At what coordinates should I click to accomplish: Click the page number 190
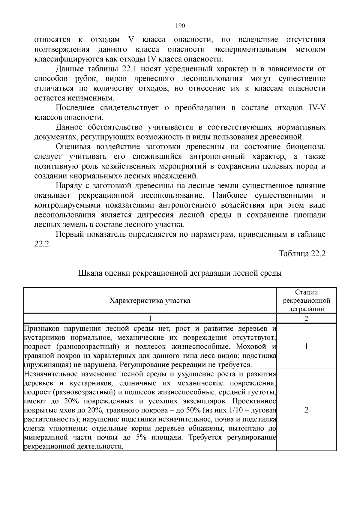(x=180, y=26)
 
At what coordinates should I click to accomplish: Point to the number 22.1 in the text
(x=130, y=69)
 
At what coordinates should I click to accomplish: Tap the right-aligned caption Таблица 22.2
(x=302, y=253)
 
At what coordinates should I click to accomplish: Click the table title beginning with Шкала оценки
(x=180, y=273)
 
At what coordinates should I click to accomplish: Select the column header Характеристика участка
(x=150, y=301)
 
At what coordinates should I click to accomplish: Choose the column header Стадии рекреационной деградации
(x=306, y=301)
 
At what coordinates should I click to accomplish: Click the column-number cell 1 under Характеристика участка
(x=150, y=319)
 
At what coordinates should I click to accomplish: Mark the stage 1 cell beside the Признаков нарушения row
(x=306, y=346)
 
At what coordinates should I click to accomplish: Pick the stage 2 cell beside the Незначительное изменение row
(x=306, y=410)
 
